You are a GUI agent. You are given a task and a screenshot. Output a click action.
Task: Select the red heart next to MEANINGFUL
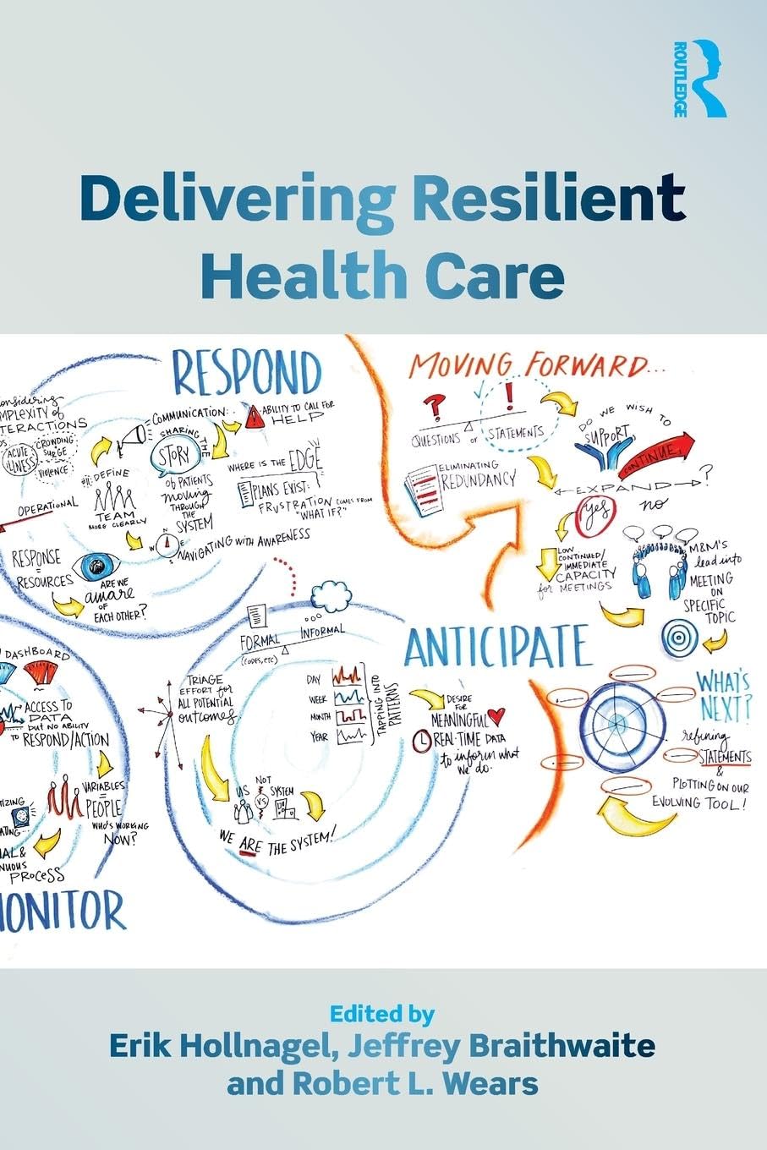[x=500, y=715]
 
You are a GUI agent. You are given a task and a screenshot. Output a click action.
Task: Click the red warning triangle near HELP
[x=255, y=414]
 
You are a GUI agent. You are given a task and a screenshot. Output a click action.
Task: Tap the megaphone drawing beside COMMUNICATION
[x=131, y=435]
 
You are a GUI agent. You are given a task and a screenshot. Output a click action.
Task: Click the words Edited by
[x=382, y=1013]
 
